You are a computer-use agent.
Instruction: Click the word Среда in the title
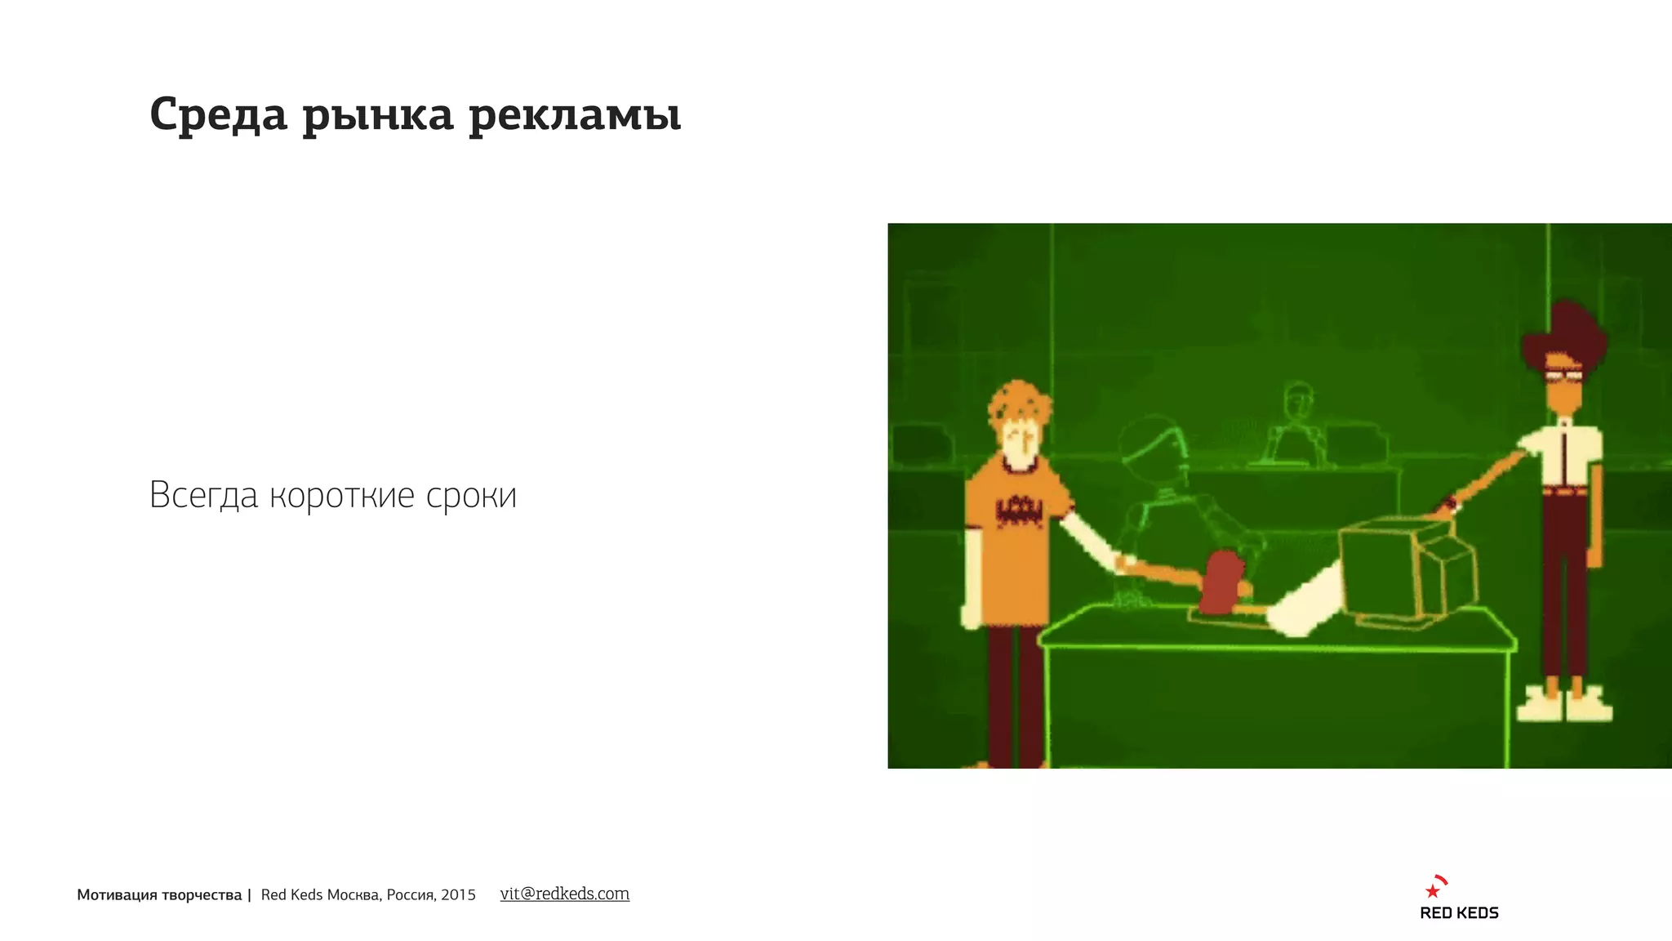[218, 114]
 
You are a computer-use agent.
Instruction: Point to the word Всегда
[203, 495]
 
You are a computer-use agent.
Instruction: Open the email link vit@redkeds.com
[564, 894]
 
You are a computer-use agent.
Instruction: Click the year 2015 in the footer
[458, 895]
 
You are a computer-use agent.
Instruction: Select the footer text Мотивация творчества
[159, 895]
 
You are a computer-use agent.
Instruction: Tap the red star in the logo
[1432, 890]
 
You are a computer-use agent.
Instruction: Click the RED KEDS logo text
[1459, 913]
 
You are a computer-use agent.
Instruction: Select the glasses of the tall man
[1563, 376]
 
